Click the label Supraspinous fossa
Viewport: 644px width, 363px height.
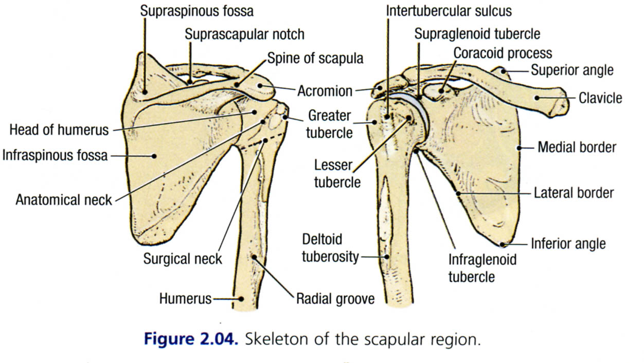197,11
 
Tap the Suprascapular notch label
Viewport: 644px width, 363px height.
244,34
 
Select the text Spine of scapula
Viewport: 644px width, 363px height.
315,58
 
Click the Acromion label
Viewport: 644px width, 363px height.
325,91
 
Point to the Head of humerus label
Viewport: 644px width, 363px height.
59,130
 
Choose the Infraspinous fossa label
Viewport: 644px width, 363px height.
55,154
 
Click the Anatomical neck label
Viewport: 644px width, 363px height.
64,199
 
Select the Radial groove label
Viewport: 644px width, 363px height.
335,298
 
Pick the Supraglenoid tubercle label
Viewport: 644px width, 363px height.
477,34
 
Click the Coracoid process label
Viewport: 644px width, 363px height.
503,52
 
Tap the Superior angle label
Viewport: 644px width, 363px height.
572,69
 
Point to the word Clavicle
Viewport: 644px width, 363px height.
600,97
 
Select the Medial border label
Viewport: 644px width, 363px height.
577,148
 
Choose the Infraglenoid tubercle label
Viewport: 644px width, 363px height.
482,268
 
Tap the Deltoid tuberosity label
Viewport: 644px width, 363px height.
330,247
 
